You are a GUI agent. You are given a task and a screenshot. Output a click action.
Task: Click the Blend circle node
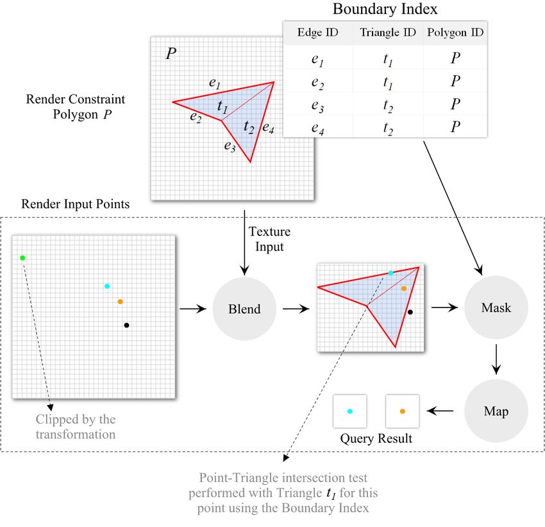point(244,309)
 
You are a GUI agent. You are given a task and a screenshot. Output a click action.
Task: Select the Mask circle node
point(496,307)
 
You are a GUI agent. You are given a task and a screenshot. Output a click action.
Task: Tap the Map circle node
point(496,411)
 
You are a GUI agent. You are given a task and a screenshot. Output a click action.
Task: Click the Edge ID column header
point(317,32)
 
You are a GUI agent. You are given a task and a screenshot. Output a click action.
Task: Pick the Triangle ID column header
point(388,32)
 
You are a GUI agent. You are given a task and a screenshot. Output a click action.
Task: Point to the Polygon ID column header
point(455,32)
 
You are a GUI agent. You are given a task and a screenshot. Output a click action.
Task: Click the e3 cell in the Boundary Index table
point(317,105)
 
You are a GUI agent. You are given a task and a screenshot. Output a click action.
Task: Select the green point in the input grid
point(22,258)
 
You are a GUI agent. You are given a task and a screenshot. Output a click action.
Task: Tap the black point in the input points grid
point(126,325)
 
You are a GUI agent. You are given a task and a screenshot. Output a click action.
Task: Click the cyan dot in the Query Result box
point(350,411)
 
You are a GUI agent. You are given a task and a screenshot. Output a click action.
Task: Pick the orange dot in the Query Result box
point(403,411)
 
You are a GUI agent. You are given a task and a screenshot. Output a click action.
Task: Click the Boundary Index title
point(385,9)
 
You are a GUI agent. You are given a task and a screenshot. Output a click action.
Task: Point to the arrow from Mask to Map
point(496,359)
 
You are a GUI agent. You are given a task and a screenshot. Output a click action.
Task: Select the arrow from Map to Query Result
point(440,411)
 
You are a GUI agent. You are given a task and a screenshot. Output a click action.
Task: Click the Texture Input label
point(269,239)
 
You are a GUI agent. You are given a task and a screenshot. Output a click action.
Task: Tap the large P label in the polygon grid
point(171,53)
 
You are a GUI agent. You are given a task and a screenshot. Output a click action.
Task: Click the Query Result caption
point(376,438)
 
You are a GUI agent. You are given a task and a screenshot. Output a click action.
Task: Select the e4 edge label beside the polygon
point(268,128)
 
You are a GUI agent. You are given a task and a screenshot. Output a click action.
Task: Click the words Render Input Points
point(76,204)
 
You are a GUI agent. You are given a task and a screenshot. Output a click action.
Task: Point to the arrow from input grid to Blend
point(193,309)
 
